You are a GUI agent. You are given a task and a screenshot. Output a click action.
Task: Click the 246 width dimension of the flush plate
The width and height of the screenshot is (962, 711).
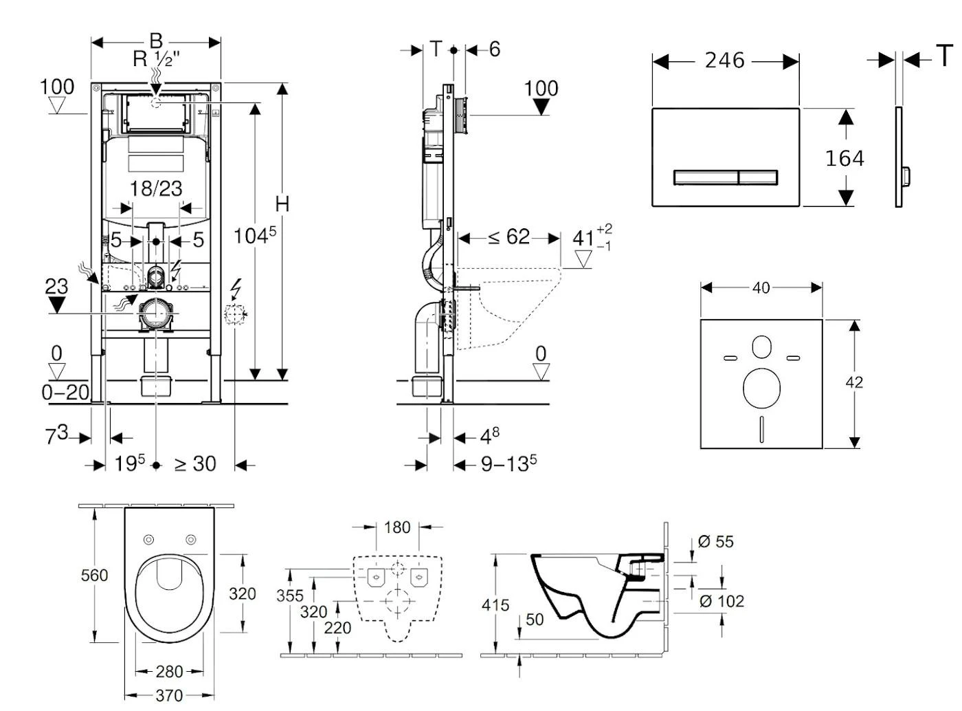(x=724, y=61)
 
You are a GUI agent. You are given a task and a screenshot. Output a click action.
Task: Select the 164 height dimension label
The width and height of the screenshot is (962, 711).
(x=844, y=158)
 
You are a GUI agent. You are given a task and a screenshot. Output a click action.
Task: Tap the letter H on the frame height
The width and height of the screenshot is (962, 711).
(x=282, y=204)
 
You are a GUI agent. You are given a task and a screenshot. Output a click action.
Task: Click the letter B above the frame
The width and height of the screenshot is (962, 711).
(x=156, y=41)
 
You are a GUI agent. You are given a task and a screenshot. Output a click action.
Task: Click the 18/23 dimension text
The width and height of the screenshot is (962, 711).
(x=156, y=188)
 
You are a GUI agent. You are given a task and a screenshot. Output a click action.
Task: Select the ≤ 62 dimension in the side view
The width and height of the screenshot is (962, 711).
(x=509, y=237)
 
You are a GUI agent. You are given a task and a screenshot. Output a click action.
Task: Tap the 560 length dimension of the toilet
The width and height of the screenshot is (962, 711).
(x=94, y=575)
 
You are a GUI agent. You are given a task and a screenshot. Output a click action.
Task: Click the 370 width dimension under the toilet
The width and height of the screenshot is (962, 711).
(x=169, y=695)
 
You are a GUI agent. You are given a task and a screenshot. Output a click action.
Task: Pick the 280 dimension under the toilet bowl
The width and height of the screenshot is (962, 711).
(x=169, y=671)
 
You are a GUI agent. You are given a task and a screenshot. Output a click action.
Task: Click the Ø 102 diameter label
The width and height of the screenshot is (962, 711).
(x=721, y=601)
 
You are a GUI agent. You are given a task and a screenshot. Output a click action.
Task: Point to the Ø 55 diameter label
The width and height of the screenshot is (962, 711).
(x=716, y=542)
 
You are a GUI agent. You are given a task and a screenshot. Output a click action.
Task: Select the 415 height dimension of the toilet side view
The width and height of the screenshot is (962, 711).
(x=495, y=605)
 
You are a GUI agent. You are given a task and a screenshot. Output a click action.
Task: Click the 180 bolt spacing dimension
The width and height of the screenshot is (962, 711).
(x=397, y=527)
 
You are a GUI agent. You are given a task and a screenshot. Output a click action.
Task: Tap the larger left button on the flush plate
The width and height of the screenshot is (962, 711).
(x=705, y=177)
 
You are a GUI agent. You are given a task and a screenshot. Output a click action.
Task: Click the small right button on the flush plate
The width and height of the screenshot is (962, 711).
(x=758, y=177)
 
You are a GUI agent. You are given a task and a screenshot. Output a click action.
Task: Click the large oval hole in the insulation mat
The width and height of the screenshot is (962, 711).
(x=761, y=387)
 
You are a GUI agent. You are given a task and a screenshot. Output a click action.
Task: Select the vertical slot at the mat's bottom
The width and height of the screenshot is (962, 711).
(x=761, y=428)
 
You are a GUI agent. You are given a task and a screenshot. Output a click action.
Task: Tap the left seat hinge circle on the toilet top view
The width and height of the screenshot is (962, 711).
(x=148, y=540)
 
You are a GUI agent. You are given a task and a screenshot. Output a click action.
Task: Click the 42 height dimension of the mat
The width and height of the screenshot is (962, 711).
(x=854, y=382)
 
